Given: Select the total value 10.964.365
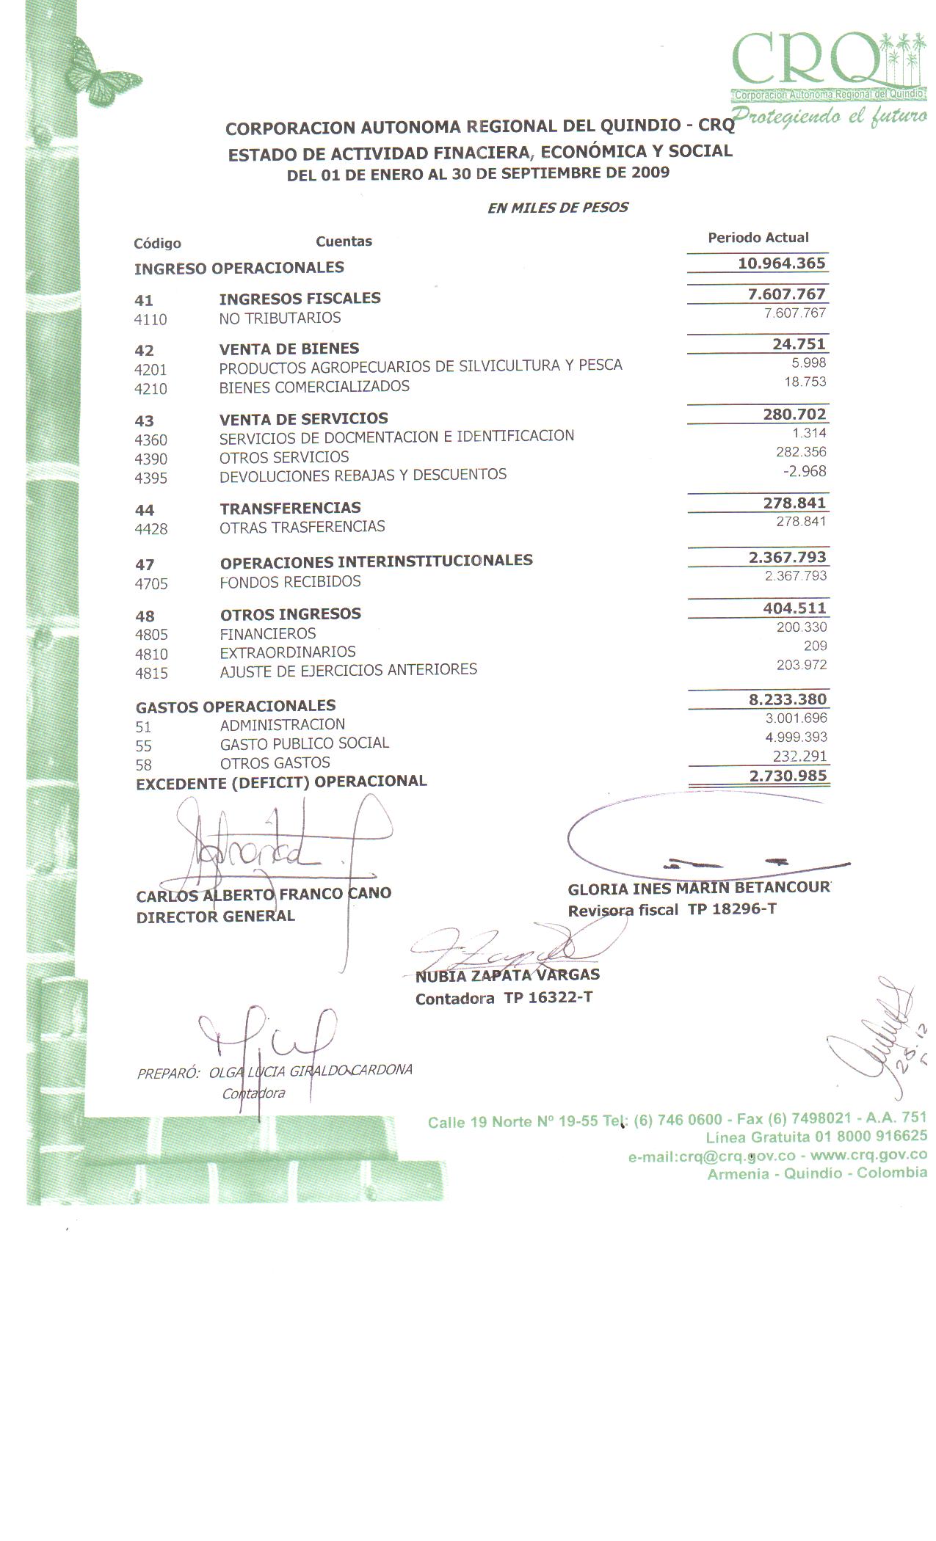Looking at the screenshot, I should click(x=781, y=263).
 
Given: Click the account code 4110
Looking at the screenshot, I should click(x=150, y=320).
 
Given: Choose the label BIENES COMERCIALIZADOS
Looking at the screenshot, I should click(x=314, y=387).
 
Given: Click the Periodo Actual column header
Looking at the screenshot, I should click(x=758, y=238).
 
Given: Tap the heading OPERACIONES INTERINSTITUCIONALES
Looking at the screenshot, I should click(x=376, y=561).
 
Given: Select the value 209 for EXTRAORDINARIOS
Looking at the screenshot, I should click(x=815, y=646).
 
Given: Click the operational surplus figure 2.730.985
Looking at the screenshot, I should click(x=788, y=776).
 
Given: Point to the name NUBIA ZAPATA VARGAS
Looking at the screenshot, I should click(x=507, y=976).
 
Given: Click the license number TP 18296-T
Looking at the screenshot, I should click(x=731, y=910).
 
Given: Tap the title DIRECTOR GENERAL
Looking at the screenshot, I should click(x=215, y=917).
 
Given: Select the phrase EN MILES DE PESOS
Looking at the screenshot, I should click(x=557, y=208).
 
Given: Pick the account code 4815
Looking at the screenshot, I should click(x=151, y=674).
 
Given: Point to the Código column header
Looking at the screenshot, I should click(x=157, y=244).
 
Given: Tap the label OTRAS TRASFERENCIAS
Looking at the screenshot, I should click(x=302, y=527).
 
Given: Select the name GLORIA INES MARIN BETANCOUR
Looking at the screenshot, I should click(x=698, y=889).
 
